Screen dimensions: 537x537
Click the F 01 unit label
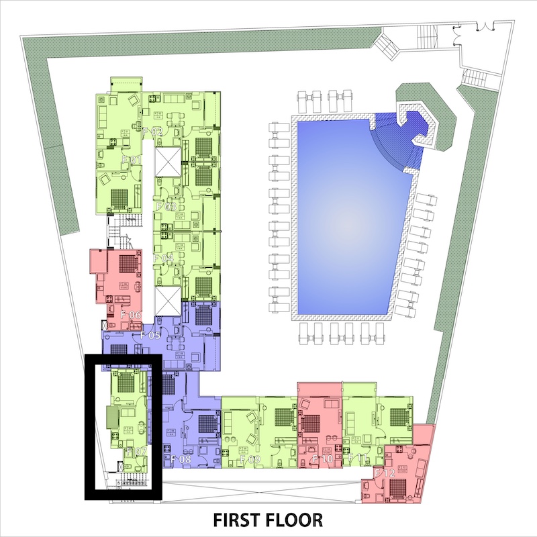130,160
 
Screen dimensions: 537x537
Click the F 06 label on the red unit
130,315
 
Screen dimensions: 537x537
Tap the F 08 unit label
181,460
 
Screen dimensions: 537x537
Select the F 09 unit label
250,460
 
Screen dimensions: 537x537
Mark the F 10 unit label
323,460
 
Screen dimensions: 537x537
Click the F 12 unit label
385,474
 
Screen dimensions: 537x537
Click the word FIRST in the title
239,520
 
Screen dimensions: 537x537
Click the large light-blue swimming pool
342,215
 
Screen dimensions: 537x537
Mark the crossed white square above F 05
167,300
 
